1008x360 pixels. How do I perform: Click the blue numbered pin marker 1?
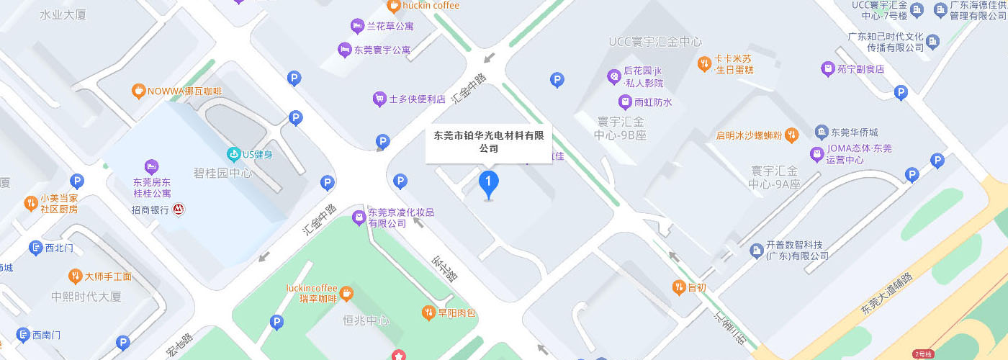[489, 182]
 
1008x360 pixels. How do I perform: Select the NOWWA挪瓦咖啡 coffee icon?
[138, 91]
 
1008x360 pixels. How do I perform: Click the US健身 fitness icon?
[233, 153]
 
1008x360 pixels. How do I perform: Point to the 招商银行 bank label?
[150, 210]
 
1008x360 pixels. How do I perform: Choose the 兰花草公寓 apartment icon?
[356, 27]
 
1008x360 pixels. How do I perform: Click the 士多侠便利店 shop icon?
[379, 99]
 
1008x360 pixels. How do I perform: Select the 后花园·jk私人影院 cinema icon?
[613, 75]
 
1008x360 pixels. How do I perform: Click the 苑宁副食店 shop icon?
[827, 69]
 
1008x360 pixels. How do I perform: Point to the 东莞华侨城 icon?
[821, 132]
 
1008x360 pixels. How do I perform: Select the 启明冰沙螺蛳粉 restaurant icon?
[791, 135]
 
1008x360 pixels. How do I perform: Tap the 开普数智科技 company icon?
[755, 250]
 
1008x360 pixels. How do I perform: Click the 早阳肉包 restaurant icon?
[427, 312]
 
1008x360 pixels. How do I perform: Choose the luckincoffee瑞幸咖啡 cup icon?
[346, 293]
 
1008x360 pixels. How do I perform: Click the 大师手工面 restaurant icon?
[74, 276]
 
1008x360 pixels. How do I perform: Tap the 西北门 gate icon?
[35, 248]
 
